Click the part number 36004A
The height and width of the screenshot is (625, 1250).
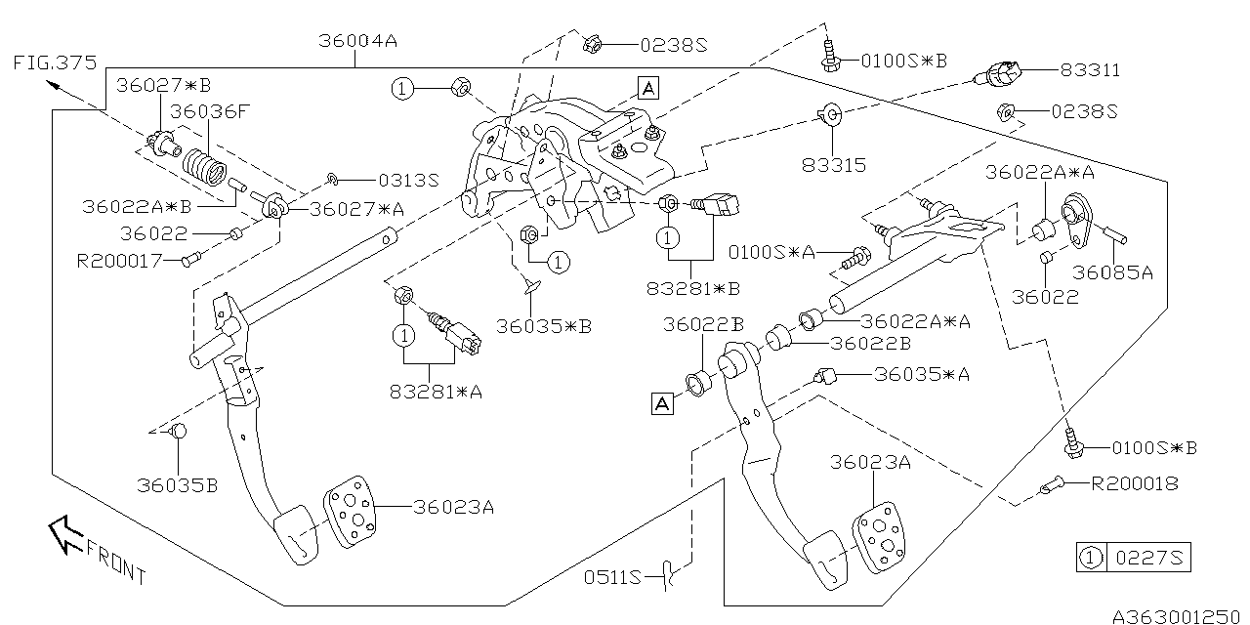(x=357, y=42)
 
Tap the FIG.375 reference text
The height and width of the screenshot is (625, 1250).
(x=56, y=63)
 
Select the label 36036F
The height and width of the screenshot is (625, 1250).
(x=209, y=111)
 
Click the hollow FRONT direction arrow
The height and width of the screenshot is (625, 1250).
(x=66, y=535)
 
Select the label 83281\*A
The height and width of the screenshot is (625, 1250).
(x=435, y=392)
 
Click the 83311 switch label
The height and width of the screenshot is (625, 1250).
(x=1089, y=70)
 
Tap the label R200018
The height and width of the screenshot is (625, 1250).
(x=1134, y=482)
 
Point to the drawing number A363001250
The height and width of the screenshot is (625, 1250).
(x=1181, y=615)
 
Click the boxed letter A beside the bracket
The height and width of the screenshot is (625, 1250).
(x=648, y=88)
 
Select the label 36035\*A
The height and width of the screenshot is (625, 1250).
(x=922, y=374)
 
